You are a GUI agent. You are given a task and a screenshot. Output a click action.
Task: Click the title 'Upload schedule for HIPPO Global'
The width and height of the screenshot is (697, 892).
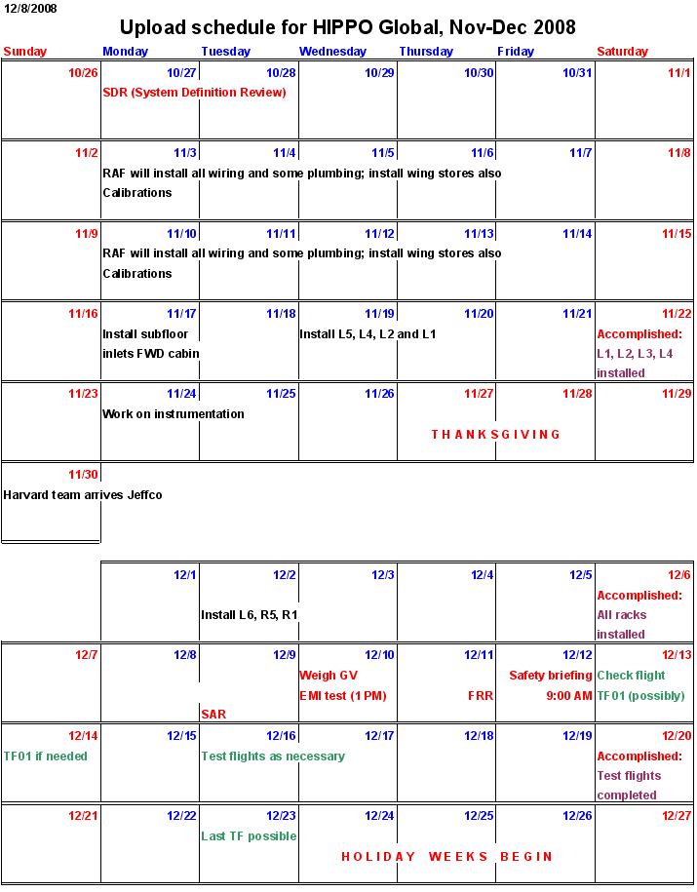tap(348, 27)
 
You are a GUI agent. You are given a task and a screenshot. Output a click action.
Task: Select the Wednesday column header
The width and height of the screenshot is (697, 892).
tap(333, 52)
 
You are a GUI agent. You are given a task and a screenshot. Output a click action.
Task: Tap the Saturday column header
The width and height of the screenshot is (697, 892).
tap(622, 52)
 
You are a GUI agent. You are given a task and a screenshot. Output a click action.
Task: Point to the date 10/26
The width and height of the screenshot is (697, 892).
tap(83, 73)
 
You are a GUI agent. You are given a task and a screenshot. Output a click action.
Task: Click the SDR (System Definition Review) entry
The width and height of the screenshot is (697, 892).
tap(194, 93)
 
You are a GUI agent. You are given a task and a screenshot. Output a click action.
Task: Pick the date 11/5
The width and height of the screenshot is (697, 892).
tap(382, 153)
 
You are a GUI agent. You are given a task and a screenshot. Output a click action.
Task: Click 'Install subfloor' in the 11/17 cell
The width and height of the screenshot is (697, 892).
tap(145, 334)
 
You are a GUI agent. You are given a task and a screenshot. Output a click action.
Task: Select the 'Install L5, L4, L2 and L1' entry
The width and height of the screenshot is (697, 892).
tap(368, 334)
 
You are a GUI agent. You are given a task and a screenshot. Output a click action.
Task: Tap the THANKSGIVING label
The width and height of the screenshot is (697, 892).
tap(496, 435)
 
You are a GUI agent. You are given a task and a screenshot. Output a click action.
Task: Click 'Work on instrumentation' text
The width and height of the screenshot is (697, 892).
tap(174, 414)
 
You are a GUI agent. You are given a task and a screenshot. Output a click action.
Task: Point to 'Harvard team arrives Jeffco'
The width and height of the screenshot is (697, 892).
tap(83, 495)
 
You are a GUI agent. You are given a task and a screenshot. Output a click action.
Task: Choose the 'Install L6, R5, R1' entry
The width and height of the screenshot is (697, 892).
tap(250, 615)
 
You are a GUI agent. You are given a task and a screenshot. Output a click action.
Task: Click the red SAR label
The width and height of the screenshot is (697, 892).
tap(213, 715)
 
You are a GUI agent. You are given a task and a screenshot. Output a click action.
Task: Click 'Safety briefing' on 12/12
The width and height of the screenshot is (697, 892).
tap(550, 676)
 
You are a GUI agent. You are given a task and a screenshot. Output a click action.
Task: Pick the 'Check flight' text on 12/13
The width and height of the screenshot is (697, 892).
tap(631, 676)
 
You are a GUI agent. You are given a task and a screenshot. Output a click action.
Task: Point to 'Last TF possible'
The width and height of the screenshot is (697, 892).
tap(249, 836)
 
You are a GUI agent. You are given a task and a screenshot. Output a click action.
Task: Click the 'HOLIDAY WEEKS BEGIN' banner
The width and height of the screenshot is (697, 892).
tap(446, 857)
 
